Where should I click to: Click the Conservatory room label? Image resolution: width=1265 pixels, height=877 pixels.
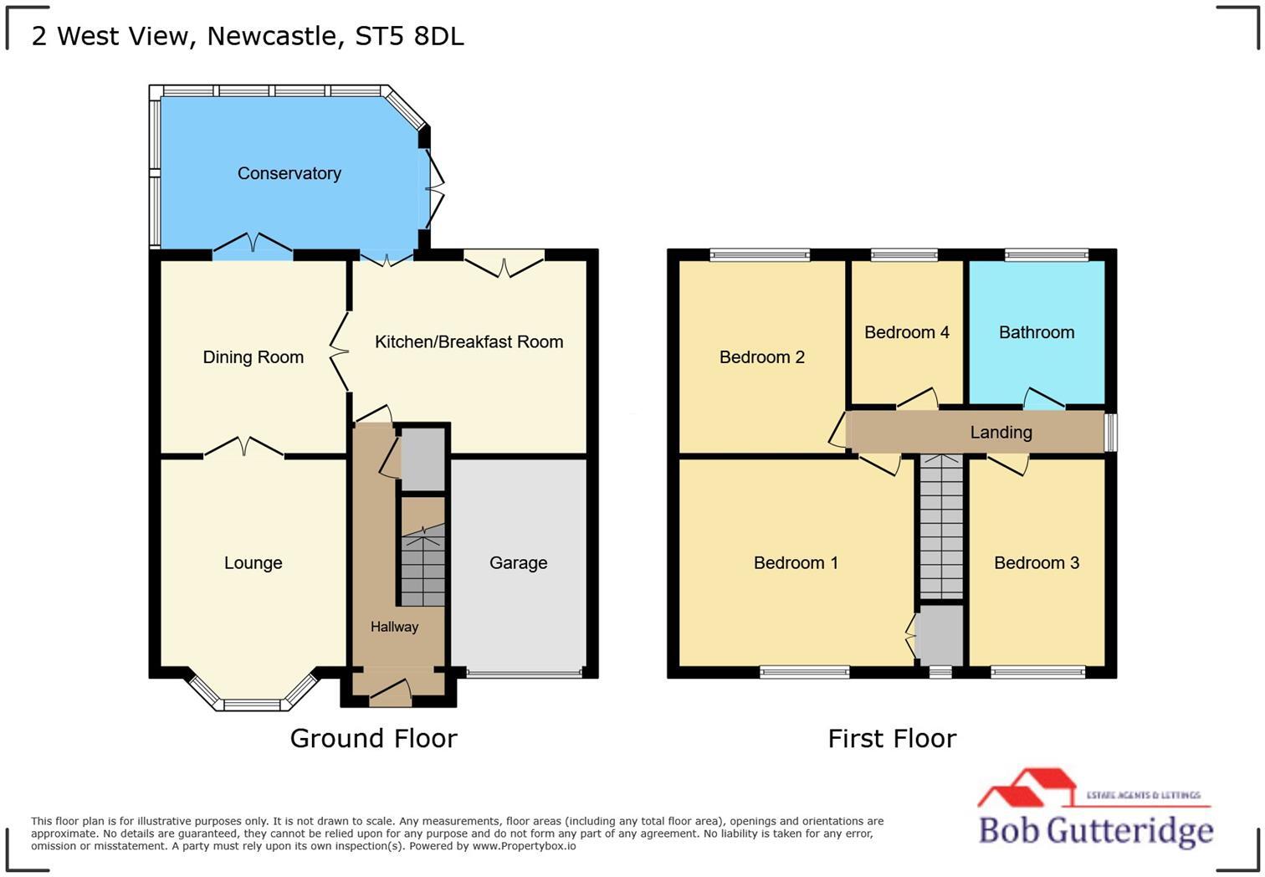point(289,173)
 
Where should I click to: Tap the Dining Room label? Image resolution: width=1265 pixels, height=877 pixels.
point(253,357)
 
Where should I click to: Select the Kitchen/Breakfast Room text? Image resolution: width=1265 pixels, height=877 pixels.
point(469,341)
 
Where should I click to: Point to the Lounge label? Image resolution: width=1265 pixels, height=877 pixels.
point(253,563)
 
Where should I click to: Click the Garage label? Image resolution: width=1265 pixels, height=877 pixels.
point(518,563)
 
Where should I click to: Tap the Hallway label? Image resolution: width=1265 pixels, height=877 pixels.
point(394,627)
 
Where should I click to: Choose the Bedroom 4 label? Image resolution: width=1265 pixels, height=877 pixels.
point(906,332)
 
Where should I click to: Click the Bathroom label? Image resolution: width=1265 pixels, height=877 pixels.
point(1036,332)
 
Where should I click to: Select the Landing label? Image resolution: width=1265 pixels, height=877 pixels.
point(1001,433)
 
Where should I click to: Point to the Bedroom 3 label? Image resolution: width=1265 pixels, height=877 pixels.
point(1036,563)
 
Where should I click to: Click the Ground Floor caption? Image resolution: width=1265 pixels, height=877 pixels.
point(373,738)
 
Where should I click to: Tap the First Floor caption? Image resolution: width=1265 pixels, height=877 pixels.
point(892,738)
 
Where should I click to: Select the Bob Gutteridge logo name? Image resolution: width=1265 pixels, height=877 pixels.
point(1095,830)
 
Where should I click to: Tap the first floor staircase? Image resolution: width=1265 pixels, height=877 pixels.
point(941,527)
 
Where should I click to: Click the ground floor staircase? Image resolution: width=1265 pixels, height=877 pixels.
point(422,565)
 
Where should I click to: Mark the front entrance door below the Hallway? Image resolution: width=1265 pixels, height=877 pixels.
point(391,691)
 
